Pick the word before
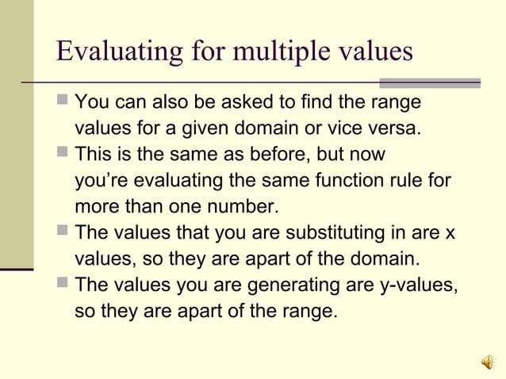293,155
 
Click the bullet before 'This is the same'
63,155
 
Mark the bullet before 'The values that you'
63,233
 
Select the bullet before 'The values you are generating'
63,285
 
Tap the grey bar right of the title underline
430,82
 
